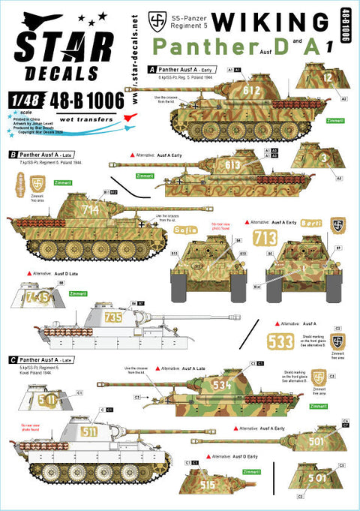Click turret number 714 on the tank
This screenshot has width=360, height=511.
point(91,211)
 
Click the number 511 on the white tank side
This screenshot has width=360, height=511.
point(89,433)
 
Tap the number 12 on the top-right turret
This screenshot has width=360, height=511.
point(328,75)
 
